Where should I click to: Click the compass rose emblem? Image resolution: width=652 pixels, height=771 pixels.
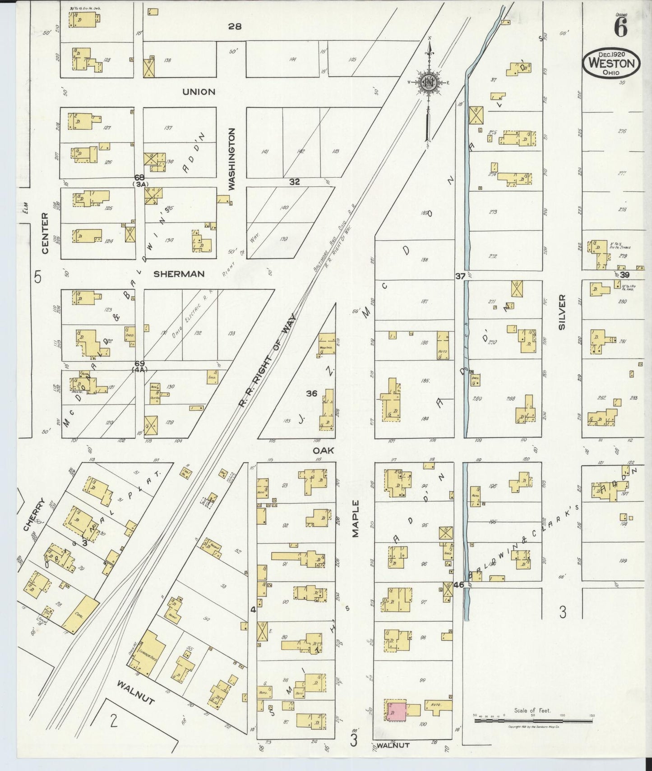(x=429, y=82)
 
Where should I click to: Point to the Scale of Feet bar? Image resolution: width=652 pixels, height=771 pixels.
(x=533, y=720)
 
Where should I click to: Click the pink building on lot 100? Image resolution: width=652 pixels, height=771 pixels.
(x=398, y=711)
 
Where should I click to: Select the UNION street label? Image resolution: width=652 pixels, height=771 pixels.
(x=199, y=92)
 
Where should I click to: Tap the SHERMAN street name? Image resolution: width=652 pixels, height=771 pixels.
(x=179, y=274)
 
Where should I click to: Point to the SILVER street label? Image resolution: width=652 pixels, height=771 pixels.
(x=562, y=312)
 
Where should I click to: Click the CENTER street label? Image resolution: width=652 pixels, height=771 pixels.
(x=44, y=234)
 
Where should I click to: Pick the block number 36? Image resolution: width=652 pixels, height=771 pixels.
(x=311, y=393)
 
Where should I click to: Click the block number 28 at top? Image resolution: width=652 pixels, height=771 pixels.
(x=234, y=27)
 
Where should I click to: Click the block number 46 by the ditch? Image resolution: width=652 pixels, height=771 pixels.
(x=459, y=585)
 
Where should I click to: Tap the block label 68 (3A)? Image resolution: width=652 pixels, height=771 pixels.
(x=139, y=180)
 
